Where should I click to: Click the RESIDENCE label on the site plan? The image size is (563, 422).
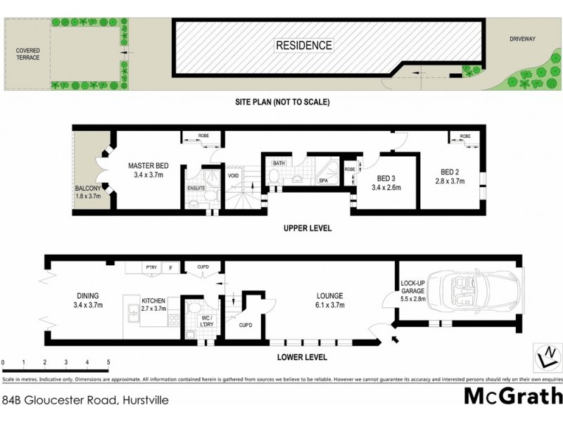coord(303,45)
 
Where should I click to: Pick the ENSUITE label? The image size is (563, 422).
coord(196,188)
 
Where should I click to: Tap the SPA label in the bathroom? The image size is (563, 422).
coord(323,181)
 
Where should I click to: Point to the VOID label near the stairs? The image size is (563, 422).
coord(234,177)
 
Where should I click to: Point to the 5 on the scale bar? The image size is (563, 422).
coord(108,363)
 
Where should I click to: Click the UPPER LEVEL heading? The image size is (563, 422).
coord(307,229)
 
